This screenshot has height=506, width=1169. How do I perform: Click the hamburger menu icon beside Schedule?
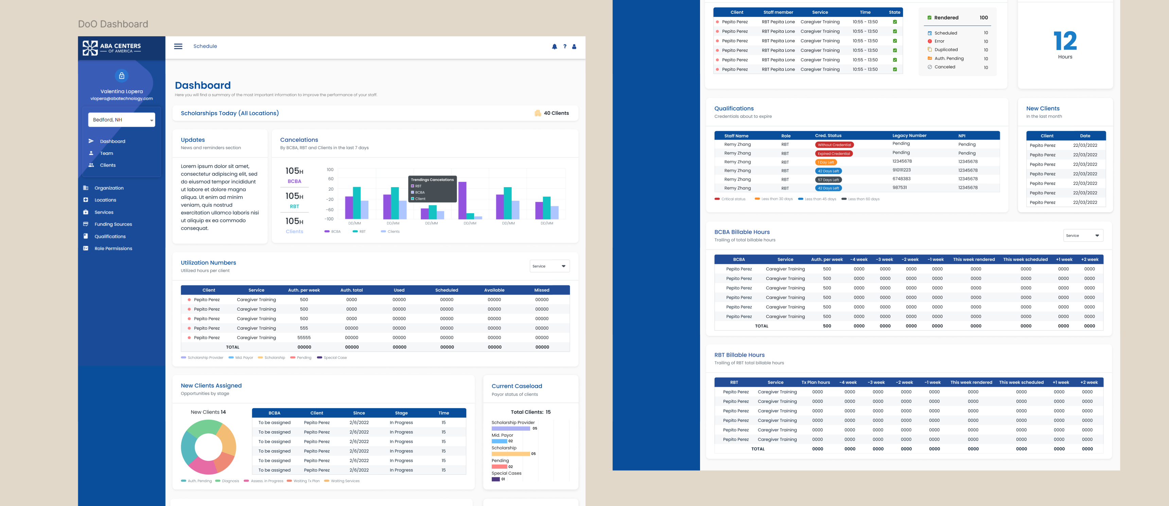178,46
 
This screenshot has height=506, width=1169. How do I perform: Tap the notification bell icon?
554,46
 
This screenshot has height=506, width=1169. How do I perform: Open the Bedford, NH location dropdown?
122,120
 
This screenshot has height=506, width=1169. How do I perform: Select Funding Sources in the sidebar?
113,224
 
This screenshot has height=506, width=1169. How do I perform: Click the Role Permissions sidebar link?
113,249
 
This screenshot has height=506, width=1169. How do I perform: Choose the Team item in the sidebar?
107,153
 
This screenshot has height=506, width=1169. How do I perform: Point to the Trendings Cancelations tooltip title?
432,180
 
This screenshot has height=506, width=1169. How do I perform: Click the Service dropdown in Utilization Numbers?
549,266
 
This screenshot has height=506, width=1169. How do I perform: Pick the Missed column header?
542,290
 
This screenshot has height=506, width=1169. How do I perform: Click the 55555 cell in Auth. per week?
304,338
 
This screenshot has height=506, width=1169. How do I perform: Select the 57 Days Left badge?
828,180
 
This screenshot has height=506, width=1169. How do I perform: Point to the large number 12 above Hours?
1065,41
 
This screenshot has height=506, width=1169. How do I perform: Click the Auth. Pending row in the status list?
948,58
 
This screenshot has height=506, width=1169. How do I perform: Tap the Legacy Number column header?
909,135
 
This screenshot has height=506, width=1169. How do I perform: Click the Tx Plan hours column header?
816,382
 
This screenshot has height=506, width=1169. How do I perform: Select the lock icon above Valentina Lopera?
122,76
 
